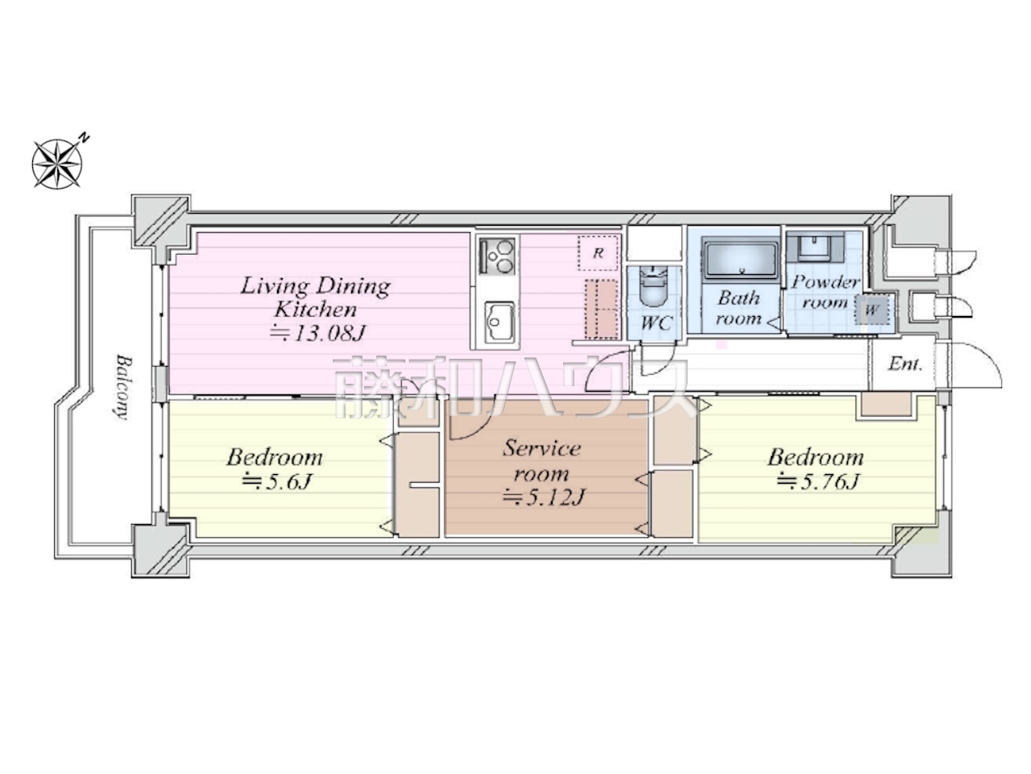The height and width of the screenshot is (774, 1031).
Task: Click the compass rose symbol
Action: (x=57, y=163)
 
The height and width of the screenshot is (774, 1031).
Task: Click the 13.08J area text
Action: (x=317, y=333)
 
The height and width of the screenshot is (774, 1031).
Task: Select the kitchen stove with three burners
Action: (x=497, y=257)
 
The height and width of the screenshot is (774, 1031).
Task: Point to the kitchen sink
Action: (x=499, y=322)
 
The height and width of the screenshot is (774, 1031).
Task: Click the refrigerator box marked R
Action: (x=598, y=253)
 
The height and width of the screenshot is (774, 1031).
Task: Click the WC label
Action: (x=656, y=322)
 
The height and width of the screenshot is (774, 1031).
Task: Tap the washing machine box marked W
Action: (x=872, y=310)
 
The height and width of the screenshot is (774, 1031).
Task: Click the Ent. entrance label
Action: (x=905, y=364)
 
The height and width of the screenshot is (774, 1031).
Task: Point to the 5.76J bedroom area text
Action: (x=818, y=481)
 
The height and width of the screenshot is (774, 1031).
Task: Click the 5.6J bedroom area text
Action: (x=276, y=481)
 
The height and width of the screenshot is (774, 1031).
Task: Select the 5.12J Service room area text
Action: (x=544, y=497)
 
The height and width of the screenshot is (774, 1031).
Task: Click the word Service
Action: (x=541, y=448)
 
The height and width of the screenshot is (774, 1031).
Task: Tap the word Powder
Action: (x=826, y=282)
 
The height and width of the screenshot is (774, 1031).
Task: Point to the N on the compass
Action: (x=84, y=137)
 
